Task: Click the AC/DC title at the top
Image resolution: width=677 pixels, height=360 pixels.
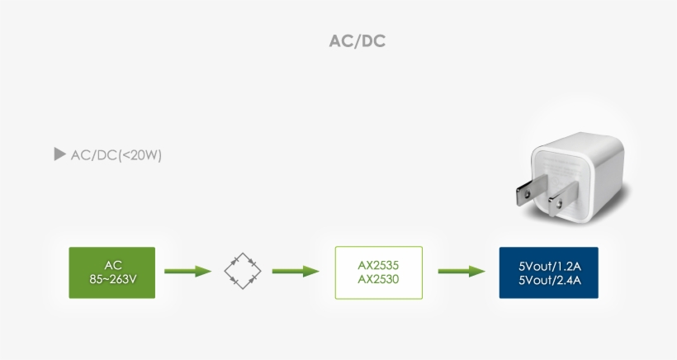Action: [x=357, y=41]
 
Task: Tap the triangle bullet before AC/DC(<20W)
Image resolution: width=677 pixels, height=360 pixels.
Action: [x=59, y=154]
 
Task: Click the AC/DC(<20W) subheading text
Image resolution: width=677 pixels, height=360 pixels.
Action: [x=116, y=154]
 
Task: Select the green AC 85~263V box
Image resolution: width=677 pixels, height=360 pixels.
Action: [x=112, y=272]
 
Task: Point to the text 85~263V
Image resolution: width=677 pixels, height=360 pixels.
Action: [x=112, y=279]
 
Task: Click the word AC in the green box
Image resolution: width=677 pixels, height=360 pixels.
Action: [x=112, y=265]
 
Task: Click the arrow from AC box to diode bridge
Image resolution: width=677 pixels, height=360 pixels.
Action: [x=187, y=271]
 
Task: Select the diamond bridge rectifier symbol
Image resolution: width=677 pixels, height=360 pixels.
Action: [x=243, y=271]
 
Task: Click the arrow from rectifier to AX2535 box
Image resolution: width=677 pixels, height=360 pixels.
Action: [x=295, y=271]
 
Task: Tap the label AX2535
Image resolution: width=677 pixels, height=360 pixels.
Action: [x=379, y=265]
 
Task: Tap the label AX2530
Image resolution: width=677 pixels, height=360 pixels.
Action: [x=379, y=279]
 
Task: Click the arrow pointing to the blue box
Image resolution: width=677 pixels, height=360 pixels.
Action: [x=461, y=271]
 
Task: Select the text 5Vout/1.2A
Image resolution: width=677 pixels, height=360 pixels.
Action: [x=549, y=267]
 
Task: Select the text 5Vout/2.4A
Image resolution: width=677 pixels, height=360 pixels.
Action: [x=549, y=280]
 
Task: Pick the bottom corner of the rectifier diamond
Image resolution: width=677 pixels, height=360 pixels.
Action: [x=243, y=289]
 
